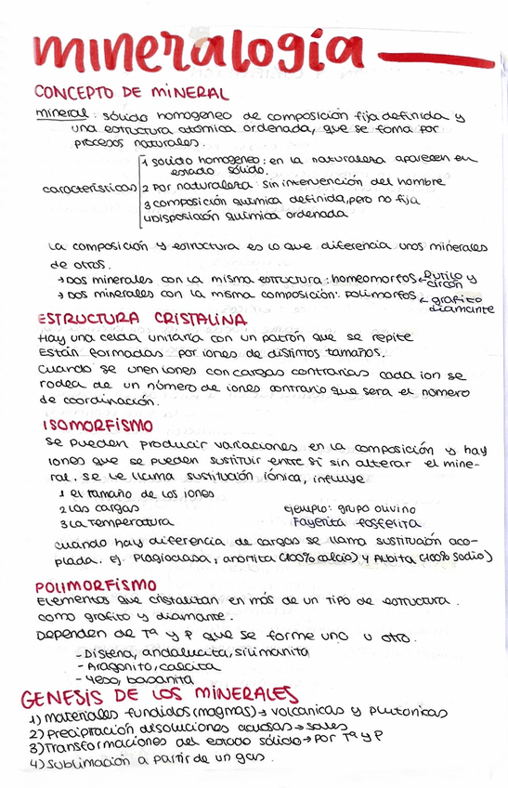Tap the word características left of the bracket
(89, 188)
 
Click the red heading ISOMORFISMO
(98, 425)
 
